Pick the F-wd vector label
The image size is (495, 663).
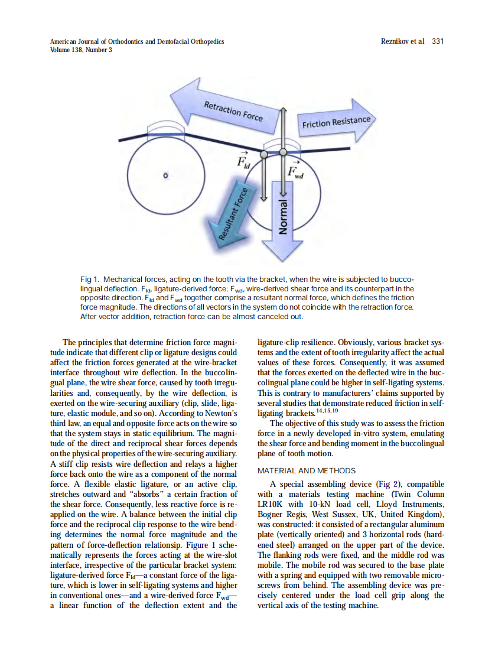(x=295, y=170)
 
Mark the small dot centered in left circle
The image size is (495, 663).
(x=166, y=175)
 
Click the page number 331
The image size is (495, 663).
(x=438, y=41)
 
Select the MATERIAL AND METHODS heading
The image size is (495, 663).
(x=307, y=470)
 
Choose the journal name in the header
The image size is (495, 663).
(x=137, y=41)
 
